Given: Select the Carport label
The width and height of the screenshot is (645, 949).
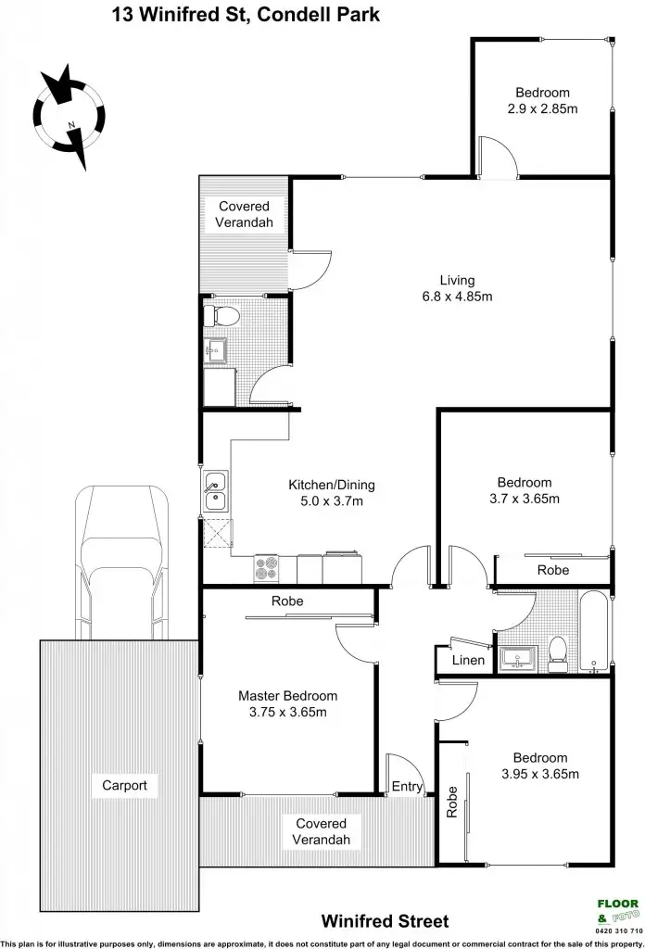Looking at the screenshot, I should [124, 785].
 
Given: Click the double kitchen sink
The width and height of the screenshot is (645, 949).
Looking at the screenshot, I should [215, 493].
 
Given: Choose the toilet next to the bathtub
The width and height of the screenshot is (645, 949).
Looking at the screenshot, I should [557, 654].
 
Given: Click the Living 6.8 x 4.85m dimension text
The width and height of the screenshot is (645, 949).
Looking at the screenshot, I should [457, 297].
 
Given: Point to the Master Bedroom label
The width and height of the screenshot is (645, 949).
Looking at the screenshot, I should [287, 695].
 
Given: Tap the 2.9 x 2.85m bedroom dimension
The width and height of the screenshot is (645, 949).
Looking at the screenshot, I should [542, 108].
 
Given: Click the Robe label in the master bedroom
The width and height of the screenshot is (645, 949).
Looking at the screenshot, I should [286, 601].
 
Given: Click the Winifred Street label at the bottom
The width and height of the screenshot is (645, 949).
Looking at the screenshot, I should [385, 920].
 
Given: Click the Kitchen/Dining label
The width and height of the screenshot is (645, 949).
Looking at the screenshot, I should [331, 485].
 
